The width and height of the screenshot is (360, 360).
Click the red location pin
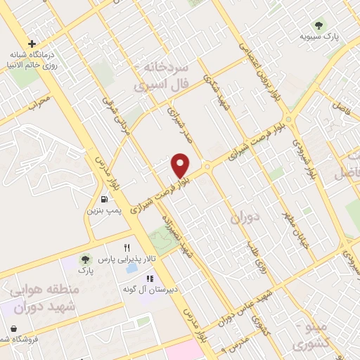click(181, 165)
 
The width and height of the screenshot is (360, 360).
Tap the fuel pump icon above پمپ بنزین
click(104, 200)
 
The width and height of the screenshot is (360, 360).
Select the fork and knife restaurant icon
click(127, 247)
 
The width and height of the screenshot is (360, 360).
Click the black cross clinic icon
click(32, 44)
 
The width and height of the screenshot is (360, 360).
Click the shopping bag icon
click(14, 328)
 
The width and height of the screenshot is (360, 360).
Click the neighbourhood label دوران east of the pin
click(244, 218)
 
